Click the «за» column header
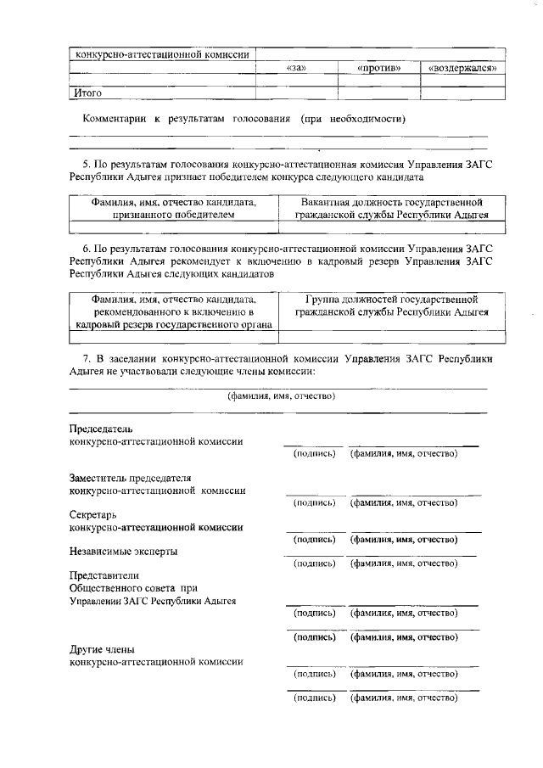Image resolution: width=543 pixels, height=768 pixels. pos(296,68)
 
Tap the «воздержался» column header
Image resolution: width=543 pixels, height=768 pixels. pos(462,68)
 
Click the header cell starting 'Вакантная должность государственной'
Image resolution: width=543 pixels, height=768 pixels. pos(391,210)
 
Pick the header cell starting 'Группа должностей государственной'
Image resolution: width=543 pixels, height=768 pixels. pos(391,306)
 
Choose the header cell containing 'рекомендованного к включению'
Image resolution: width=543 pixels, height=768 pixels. pos(173,312)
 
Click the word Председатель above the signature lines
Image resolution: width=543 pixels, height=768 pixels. pos(100,428)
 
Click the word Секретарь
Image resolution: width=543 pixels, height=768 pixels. pos(92,514)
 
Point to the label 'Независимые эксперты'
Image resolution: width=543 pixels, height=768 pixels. pos(123,551)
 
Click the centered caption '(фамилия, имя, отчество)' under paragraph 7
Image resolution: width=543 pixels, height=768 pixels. pos(281,396)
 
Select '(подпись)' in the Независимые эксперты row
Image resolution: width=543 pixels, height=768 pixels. pos(314,563)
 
